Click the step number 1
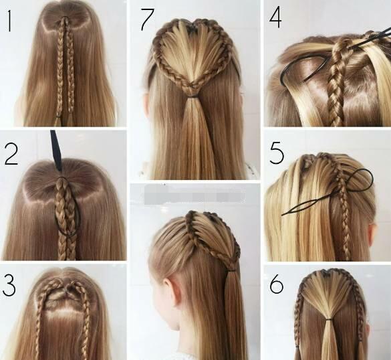(x=9, y=21)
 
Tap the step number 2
(x=11, y=155)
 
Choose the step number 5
(x=277, y=153)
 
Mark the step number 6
(x=277, y=284)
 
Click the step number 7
(x=147, y=19)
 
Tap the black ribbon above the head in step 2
(x=56, y=151)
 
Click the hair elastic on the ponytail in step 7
(x=191, y=96)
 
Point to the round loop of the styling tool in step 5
(x=362, y=178)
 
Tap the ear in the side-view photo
(x=169, y=289)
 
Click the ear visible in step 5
(x=372, y=234)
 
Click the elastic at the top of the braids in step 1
(x=66, y=18)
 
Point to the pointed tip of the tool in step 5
(x=282, y=215)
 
